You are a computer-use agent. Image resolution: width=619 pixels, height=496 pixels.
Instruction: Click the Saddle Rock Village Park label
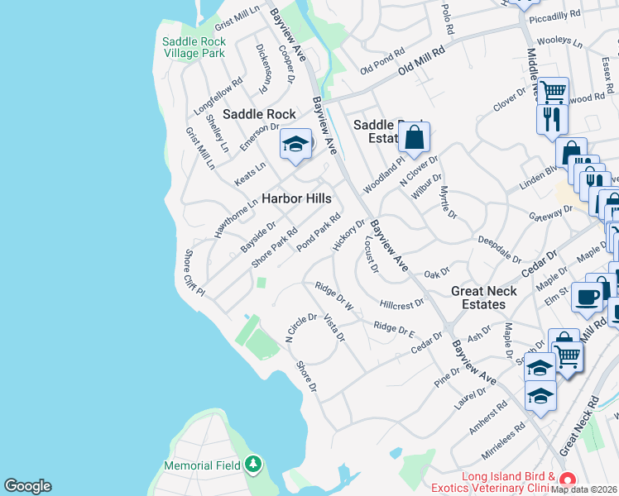tap(194, 47)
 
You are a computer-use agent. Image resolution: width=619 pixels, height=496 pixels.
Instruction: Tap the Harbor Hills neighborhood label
tap(296, 198)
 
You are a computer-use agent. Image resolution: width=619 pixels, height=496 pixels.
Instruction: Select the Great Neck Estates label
tap(483, 298)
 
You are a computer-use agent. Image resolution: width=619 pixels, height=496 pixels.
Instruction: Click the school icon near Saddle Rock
tap(295, 145)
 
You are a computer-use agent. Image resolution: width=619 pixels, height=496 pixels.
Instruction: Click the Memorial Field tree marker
tap(254, 466)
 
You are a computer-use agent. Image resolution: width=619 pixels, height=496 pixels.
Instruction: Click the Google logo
tap(27, 486)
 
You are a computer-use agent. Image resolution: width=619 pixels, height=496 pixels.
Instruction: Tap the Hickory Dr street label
tap(348, 234)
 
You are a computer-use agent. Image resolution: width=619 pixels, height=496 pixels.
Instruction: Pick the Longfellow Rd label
tap(218, 96)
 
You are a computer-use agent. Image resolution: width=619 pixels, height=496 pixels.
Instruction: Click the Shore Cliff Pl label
tap(194, 274)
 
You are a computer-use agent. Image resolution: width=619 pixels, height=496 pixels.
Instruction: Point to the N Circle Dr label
tap(301, 327)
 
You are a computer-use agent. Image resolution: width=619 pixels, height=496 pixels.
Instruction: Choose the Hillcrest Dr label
tap(401, 303)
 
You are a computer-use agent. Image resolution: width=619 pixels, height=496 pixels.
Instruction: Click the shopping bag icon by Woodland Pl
tap(416, 138)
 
